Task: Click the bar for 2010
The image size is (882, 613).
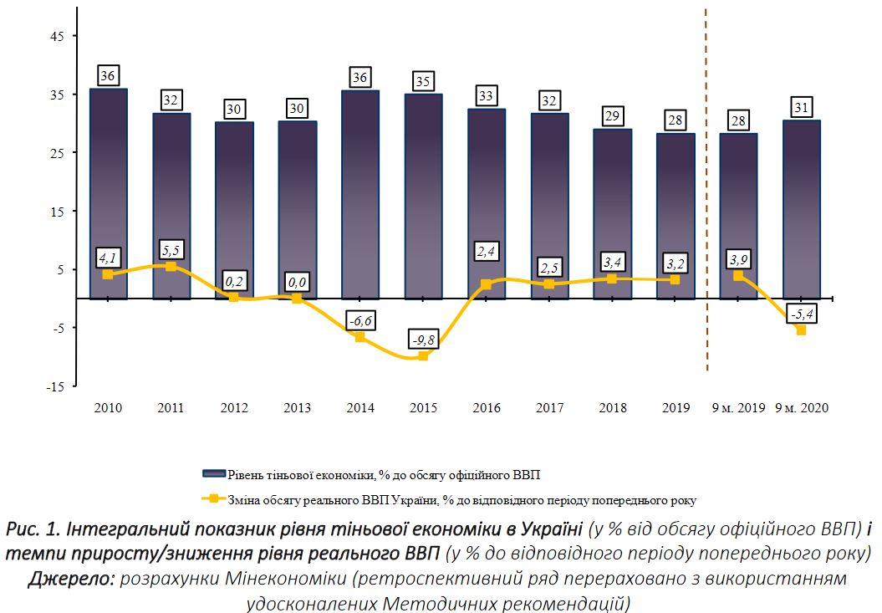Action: [x=108, y=192]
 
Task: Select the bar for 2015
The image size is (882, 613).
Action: [x=424, y=197]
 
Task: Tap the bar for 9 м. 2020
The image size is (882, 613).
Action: [x=802, y=209]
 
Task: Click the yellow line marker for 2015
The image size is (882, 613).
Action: [x=424, y=356]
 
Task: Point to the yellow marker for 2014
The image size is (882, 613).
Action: [x=360, y=337]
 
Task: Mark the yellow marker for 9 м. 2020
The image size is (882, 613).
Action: [x=802, y=330]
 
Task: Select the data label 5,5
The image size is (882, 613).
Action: [x=171, y=251]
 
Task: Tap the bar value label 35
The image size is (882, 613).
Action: [x=424, y=82]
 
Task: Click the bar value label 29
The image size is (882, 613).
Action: [x=613, y=115]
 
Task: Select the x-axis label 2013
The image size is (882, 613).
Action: [x=297, y=408]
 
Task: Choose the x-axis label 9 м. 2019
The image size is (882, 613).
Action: [x=738, y=408]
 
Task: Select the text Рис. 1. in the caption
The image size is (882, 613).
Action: [x=30, y=529]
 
